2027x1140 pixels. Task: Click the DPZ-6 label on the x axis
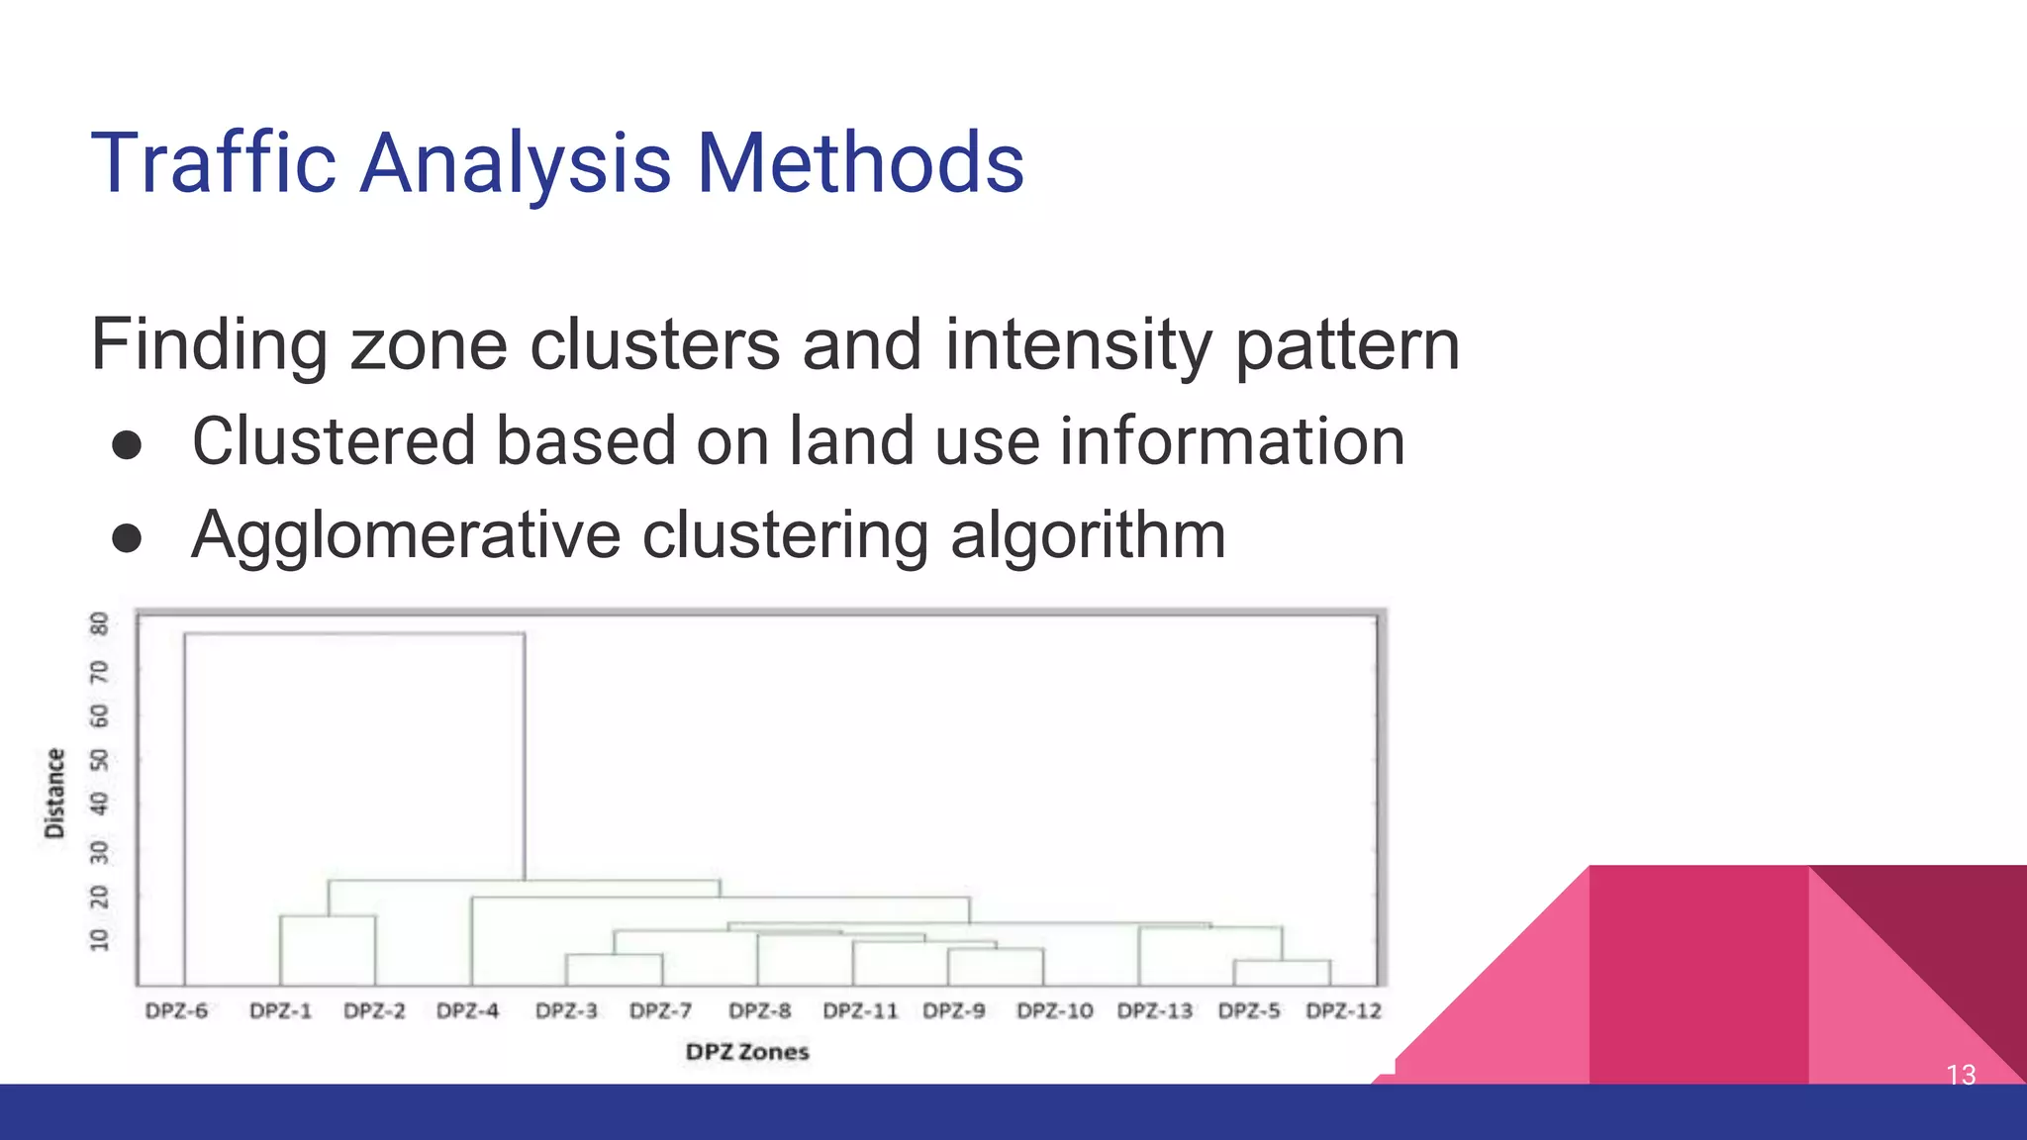tap(176, 1011)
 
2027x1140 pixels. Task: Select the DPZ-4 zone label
tap(468, 1011)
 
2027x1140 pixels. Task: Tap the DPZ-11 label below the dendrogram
tap(860, 1011)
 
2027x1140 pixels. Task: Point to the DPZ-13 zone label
tap(1155, 1011)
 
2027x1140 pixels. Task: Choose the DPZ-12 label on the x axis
tap(1343, 1011)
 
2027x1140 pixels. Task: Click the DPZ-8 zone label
tap(760, 1011)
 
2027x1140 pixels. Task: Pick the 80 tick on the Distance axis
tap(99, 623)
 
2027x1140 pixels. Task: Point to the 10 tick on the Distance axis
tap(99, 939)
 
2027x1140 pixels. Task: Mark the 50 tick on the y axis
tap(99, 759)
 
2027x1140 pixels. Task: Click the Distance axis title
tap(54, 794)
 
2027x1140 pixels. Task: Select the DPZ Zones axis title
tap(747, 1052)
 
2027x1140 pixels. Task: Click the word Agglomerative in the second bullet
tap(406, 535)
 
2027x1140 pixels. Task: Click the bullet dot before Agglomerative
tap(127, 538)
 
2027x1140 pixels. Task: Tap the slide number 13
tap(1961, 1075)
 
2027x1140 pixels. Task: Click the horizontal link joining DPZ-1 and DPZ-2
tap(328, 916)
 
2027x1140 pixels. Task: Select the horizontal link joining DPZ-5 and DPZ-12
tap(1282, 961)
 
